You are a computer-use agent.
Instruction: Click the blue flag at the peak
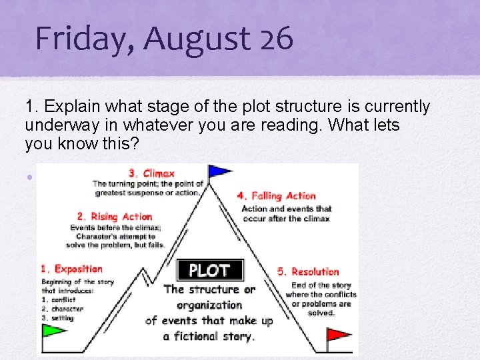click(219, 171)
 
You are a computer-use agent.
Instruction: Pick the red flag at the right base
click(338, 333)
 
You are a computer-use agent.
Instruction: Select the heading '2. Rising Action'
click(115, 217)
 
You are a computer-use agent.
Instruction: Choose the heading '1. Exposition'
click(72, 269)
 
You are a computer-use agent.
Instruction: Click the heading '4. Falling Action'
click(277, 196)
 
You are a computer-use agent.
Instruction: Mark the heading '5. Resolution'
click(308, 271)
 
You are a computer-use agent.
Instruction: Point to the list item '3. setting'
click(57, 318)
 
